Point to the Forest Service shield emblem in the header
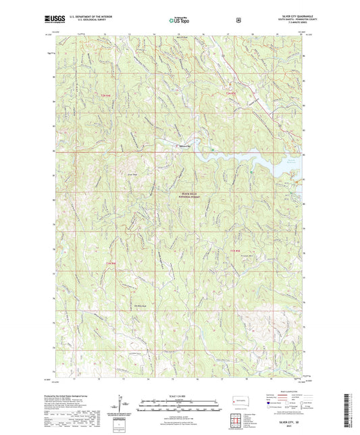[x=238, y=20]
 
